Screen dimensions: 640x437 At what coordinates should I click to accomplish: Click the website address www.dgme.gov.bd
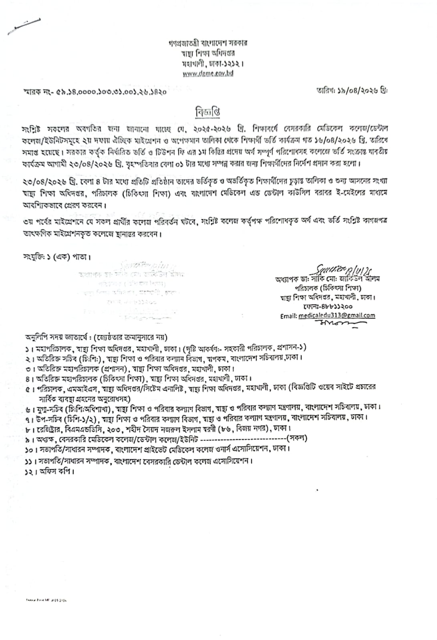[208, 73]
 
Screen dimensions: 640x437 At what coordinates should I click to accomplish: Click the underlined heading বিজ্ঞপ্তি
[208, 112]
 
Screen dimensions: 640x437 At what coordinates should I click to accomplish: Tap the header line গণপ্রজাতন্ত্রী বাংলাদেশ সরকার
[208, 43]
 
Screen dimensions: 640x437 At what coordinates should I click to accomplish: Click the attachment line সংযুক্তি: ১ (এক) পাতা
[57, 257]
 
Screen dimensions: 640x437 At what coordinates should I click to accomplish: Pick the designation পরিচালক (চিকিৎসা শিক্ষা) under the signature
[328, 288]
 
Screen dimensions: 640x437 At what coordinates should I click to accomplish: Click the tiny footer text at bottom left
[44, 600]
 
